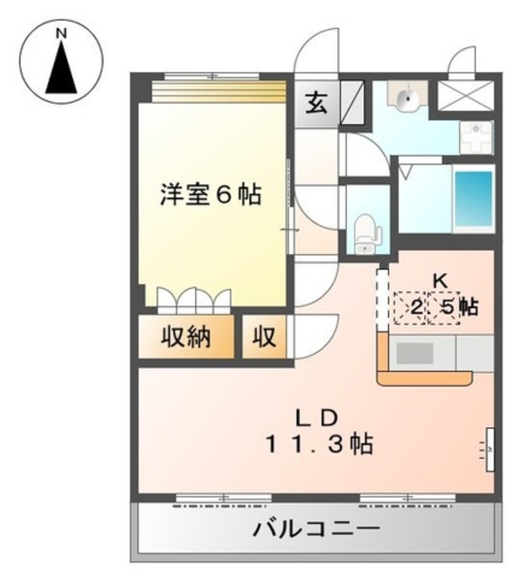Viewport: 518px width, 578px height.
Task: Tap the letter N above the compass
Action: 61,33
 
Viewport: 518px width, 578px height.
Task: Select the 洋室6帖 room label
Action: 211,194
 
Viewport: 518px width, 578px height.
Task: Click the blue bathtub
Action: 473,200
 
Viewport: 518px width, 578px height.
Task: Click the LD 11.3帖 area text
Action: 319,433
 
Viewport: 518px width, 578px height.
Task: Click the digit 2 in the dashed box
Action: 415,308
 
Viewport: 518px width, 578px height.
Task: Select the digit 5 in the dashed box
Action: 447,308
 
